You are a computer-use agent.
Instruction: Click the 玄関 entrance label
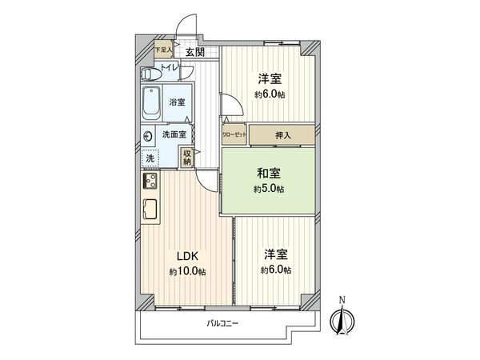pos(194,52)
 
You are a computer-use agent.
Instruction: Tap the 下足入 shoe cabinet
pos(162,50)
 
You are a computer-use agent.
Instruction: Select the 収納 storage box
pos(186,158)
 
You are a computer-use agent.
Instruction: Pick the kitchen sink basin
pos(150,212)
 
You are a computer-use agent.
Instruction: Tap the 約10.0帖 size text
pos(186,272)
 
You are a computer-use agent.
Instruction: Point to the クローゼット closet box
pos(234,134)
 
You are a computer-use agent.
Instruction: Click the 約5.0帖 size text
pos(270,188)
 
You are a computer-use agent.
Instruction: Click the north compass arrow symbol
pos(342,320)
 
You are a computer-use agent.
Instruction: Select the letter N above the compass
pos(342,300)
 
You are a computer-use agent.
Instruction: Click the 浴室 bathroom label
pos(176,102)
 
